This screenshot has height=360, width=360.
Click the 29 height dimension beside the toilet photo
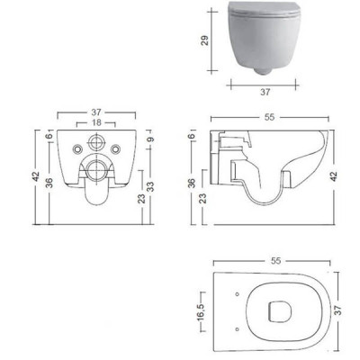[204, 40]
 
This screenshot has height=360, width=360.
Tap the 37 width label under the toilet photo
[265, 92]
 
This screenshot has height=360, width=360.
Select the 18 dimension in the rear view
[96, 122]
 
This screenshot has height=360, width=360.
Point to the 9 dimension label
[150, 139]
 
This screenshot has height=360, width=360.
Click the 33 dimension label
[150, 186]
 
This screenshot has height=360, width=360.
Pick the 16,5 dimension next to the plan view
[201, 312]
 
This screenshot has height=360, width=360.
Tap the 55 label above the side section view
[269, 117]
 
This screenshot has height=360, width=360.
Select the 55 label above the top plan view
[275, 261]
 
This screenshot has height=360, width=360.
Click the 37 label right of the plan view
[337, 311]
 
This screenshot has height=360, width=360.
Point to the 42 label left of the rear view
[36, 176]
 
